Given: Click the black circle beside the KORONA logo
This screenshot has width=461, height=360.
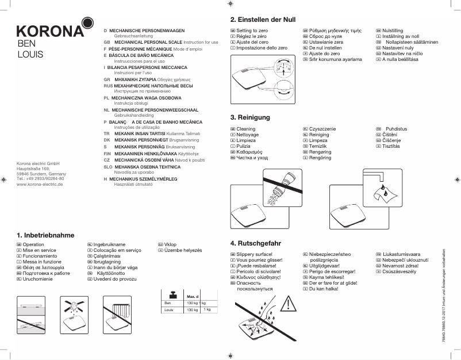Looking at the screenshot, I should (87, 23).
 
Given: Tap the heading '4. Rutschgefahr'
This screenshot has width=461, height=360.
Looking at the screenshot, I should (255, 243).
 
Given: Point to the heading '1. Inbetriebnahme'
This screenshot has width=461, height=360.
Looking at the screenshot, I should (46, 235).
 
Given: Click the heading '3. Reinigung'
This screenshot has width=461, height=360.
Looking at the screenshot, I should (250, 117).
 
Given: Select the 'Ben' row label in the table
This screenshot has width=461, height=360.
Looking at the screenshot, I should (168, 302).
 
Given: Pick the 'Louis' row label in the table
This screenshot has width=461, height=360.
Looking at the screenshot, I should (169, 310).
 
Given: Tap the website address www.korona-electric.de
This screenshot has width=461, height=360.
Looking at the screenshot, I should (40, 185).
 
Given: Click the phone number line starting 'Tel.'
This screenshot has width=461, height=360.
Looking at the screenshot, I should (40, 179).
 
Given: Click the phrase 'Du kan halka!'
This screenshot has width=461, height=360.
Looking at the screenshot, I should (325, 289).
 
